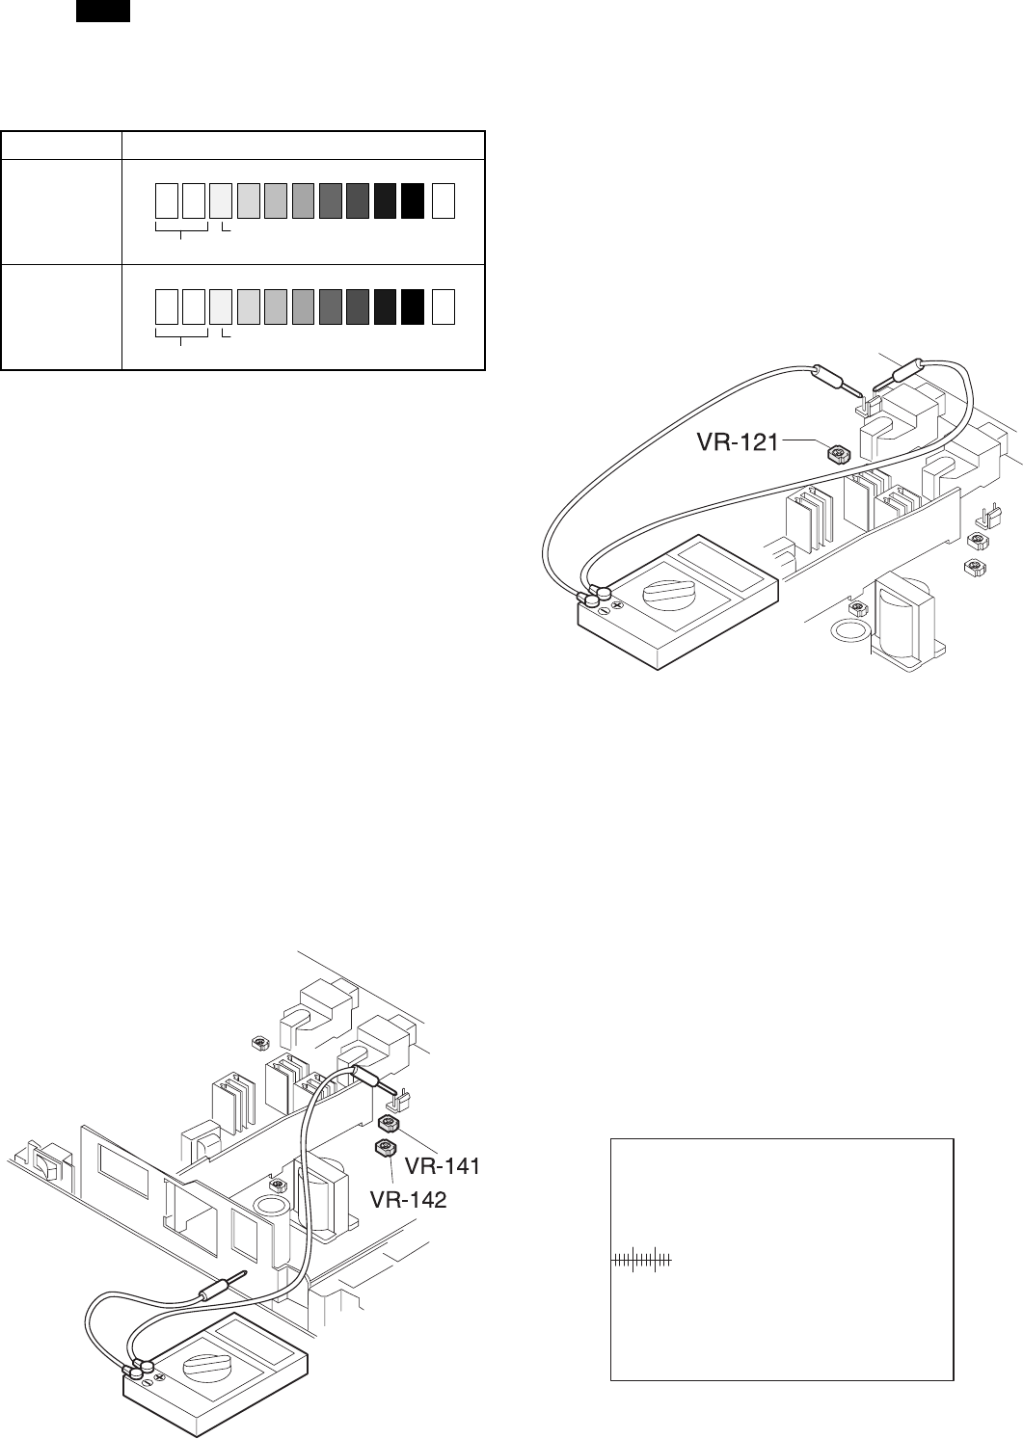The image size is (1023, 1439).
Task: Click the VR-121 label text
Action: click(x=738, y=443)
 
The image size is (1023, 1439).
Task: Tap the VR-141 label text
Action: click(x=443, y=1166)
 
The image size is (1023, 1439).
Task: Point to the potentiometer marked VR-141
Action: click(x=389, y=1124)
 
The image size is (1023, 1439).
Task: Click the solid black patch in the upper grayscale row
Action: click(x=414, y=200)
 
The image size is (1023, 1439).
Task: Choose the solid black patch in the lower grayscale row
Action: click(x=414, y=306)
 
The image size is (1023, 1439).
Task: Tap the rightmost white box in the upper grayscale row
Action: click(x=444, y=200)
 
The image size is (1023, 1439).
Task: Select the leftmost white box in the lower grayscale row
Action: click(x=167, y=306)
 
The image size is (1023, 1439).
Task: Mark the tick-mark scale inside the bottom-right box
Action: click(x=641, y=1259)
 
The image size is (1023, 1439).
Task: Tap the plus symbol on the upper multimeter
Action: click(x=617, y=606)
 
